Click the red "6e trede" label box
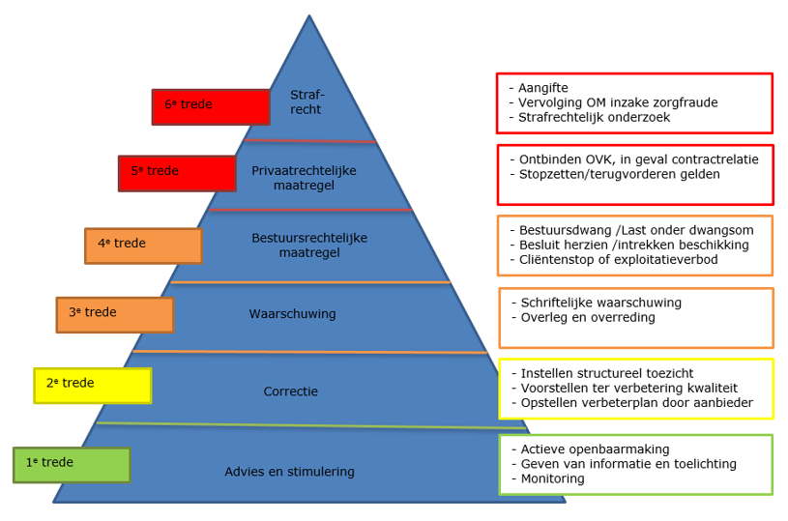[211, 107]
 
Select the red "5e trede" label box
[177, 173]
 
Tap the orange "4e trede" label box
[144, 246]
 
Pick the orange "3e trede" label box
[115, 315]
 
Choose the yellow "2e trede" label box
[93, 386]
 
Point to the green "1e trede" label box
[72, 465]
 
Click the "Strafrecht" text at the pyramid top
[307, 102]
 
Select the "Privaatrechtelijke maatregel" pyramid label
[304, 178]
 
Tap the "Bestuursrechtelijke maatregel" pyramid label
[309, 246]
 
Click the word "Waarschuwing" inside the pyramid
[293, 314]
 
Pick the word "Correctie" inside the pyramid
[290, 391]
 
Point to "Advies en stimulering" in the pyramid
[289, 472]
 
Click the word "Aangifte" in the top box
[543, 88]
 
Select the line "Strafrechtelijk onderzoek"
[590, 118]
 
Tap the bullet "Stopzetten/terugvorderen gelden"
[615, 174]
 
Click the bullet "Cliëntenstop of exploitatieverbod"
[614, 260]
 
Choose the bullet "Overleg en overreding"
[583, 317]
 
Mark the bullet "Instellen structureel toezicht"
[602, 373]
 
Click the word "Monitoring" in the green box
[552, 478]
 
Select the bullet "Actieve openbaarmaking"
[591, 449]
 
